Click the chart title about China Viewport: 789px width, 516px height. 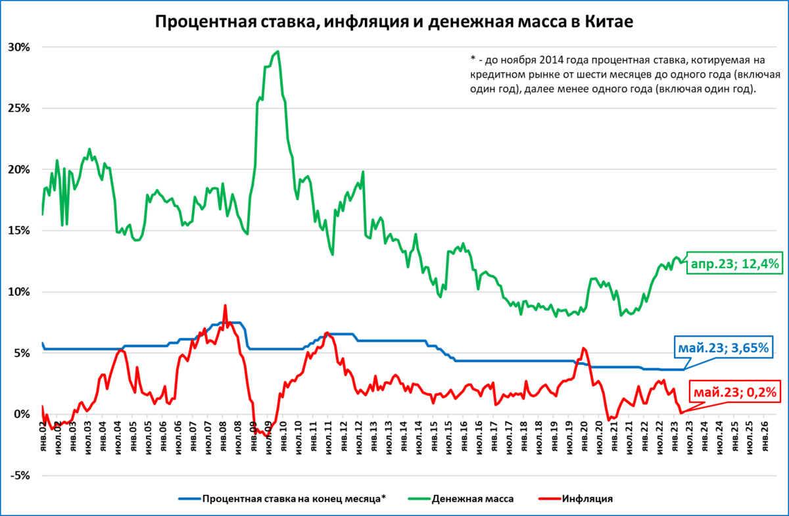(394, 21)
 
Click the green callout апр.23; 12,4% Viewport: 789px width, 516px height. (734, 264)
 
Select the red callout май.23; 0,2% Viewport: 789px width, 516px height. (736, 393)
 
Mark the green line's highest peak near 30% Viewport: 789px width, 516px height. (278, 51)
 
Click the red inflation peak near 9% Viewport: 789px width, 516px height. (225, 306)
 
